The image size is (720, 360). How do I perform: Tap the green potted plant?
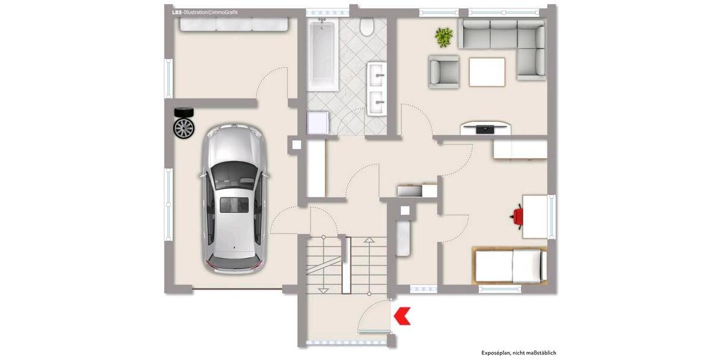pyautogui.click(x=444, y=37)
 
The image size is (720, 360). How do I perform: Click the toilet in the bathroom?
pyautogui.click(x=367, y=26)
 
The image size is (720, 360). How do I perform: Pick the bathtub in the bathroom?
pyautogui.click(x=323, y=54)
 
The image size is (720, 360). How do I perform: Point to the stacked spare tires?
pyautogui.click(x=184, y=122)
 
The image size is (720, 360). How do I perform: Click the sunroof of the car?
pyautogui.click(x=233, y=205)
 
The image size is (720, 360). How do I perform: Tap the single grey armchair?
pyautogui.click(x=444, y=71)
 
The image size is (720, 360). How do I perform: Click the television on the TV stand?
pyautogui.click(x=486, y=128)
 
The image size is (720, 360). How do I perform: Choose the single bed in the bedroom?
pyautogui.click(x=510, y=265)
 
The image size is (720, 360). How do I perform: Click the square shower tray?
pyautogui.click(x=317, y=122)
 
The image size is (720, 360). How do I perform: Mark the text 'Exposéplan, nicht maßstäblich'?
pyautogui.click(x=518, y=353)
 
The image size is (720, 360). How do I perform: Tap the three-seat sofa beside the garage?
pyautogui.click(x=233, y=24)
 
